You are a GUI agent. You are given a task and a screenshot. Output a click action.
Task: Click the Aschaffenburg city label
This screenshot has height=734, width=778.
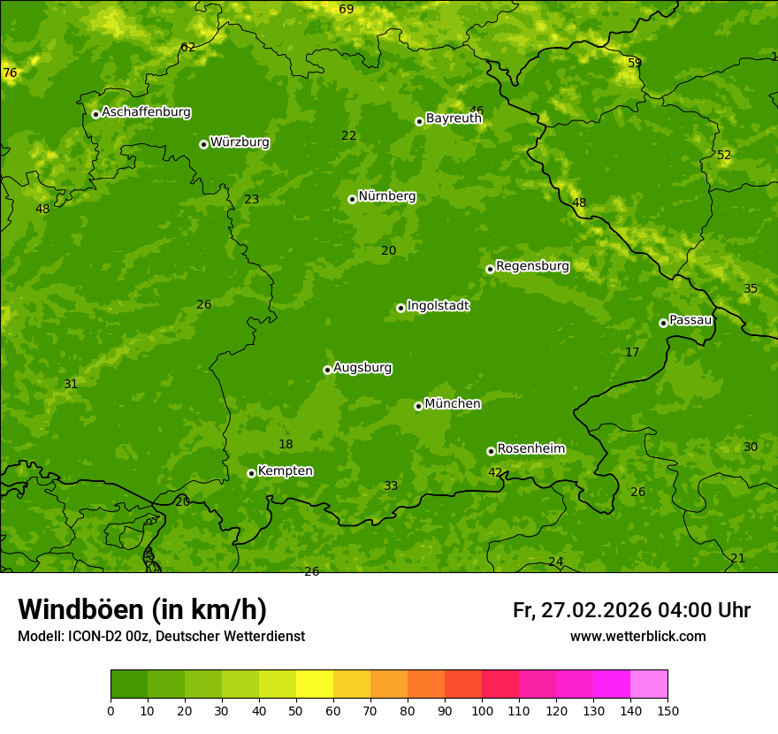pos(146,112)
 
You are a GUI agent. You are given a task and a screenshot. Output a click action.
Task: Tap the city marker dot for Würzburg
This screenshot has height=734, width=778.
pos(203,144)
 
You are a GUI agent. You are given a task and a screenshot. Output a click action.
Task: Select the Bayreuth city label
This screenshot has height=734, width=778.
pos(454,119)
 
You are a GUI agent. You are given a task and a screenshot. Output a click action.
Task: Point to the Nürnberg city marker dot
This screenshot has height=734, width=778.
pos(352,199)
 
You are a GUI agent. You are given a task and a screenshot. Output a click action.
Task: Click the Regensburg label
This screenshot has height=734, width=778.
pos(532,266)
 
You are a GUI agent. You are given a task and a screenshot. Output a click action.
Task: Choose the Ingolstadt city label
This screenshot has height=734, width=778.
pos(438,306)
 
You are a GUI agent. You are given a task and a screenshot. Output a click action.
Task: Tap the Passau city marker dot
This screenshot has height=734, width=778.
pos(663,323)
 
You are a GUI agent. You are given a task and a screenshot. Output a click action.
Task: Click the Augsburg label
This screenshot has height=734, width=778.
pos(362,368)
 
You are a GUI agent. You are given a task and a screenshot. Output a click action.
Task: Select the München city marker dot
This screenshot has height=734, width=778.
pos(418,406)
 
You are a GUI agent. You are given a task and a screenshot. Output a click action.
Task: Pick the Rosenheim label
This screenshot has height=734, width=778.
pos(530,449)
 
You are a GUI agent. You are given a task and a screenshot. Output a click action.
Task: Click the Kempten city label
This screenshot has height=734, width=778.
pos(285,471)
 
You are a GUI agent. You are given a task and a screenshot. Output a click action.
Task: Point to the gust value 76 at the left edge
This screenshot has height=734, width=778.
pos(10,73)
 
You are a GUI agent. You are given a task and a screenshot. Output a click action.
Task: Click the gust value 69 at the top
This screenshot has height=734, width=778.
pos(346,9)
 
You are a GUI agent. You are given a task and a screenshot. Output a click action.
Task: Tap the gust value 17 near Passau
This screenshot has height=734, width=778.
pos(632,352)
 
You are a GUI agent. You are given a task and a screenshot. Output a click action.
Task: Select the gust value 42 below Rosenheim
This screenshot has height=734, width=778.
pos(495,472)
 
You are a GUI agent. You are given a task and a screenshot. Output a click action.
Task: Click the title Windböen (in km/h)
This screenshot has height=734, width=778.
pos(142,609)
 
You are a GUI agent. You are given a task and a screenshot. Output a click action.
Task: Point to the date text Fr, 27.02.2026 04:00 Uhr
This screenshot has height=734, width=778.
pos(631,610)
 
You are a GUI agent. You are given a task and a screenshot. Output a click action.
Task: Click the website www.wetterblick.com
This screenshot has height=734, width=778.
pos(637,636)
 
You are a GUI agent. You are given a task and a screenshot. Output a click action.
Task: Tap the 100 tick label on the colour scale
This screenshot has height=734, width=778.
pos(482,709)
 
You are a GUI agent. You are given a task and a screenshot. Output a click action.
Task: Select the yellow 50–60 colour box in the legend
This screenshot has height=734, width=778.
pos(315,684)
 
